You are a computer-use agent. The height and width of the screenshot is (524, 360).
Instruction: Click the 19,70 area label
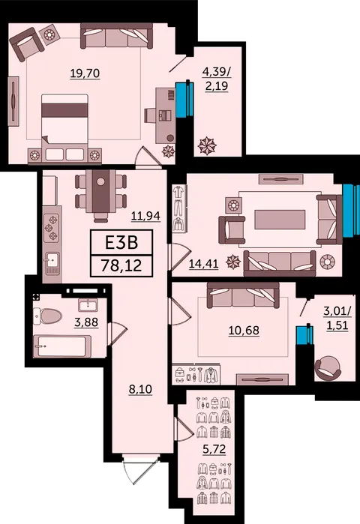tap(85, 73)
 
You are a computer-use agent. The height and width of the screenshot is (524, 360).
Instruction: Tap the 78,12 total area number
tap(121, 266)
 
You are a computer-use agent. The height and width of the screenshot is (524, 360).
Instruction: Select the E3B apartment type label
tap(121, 243)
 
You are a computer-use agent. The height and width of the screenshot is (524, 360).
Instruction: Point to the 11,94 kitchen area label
tap(145, 216)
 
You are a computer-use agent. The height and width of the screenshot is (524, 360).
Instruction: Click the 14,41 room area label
tap(203, 264)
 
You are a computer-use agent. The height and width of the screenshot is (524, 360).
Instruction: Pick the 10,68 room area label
tap(244, 330)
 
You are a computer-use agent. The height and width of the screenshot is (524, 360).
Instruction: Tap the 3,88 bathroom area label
tap(86, 322)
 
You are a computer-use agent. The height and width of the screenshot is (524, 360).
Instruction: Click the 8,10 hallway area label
tap(140, 389)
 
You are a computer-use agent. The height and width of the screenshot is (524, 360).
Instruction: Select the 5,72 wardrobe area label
tap(214, 449)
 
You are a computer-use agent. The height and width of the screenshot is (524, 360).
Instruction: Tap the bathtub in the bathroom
tap(62, 346)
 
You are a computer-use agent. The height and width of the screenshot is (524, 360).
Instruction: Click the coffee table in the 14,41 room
tap(280, 219)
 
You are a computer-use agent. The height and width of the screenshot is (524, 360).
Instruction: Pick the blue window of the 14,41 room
tap(351, 211)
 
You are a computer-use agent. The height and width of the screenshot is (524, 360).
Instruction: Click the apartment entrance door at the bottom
tap(141, 469)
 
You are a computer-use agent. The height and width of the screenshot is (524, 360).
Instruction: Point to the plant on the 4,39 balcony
tap(207, 145)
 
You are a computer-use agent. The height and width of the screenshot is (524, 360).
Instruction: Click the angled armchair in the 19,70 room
tap(27, 43)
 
